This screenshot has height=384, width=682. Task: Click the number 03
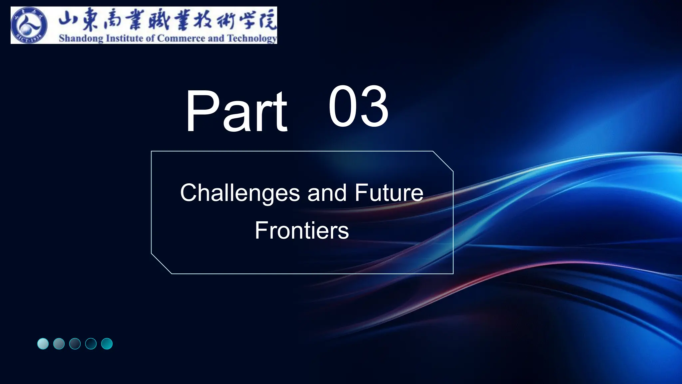358,106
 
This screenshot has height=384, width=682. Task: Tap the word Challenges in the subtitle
240,193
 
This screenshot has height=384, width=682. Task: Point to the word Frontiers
302,230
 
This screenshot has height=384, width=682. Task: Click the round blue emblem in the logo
29,26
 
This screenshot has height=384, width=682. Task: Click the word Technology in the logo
252,39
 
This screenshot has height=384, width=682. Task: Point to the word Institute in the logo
125,38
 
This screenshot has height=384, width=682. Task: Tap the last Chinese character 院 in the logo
267,20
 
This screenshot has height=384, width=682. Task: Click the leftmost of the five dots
43,344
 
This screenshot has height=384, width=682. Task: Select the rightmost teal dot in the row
107,344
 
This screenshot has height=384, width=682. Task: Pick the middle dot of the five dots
75,344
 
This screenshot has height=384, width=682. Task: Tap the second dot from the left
59,344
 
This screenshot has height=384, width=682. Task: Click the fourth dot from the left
91,344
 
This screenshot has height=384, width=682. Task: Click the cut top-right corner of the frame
443,161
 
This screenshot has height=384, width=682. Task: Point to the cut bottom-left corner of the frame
162,264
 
